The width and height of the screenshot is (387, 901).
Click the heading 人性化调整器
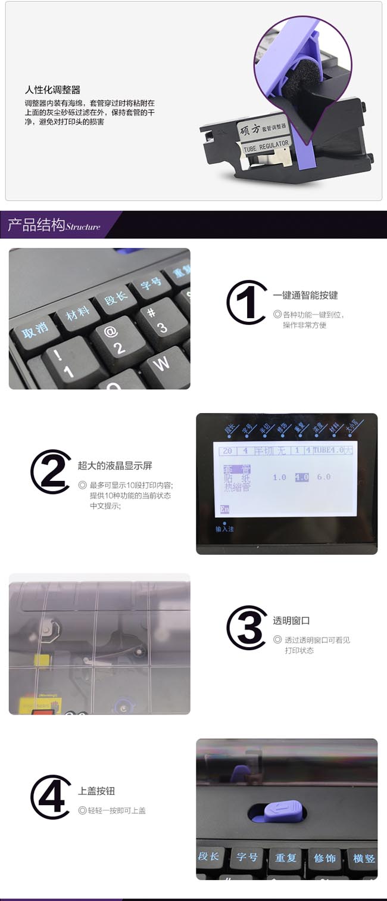click(x=52, y=90)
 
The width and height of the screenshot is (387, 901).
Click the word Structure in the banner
click(x=83, y=227)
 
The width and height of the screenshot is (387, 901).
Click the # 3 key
click(x=157, y=321)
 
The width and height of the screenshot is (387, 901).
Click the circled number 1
click(x=246, y=302)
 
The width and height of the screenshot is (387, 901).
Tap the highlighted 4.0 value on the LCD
click(x=302, y=477)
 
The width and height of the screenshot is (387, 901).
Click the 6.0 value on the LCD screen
click(x=323, y=477)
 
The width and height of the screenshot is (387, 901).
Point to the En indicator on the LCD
click(x=224, y=509)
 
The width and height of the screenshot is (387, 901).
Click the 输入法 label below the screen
click(x=225, y=529)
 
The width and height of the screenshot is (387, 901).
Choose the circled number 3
click(x=246, y=627)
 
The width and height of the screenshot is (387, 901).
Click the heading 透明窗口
click(x=291, y=620)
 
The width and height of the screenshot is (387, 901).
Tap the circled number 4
click(x=51, y=797)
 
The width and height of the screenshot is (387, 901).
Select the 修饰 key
click(x=325, y=858)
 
